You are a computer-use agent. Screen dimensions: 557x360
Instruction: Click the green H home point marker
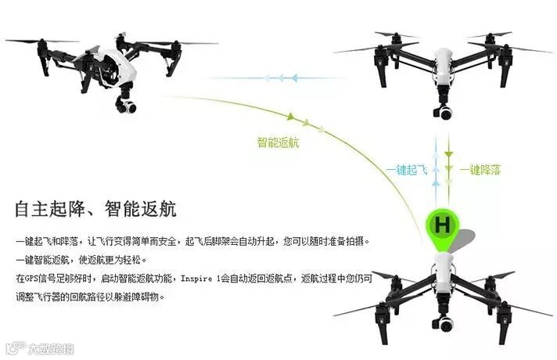click(x=442, y=225)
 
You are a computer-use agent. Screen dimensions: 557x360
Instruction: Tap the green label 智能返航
click(x=278, y=142)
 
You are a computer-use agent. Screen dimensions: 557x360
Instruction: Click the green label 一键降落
click(x=480, y=169)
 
